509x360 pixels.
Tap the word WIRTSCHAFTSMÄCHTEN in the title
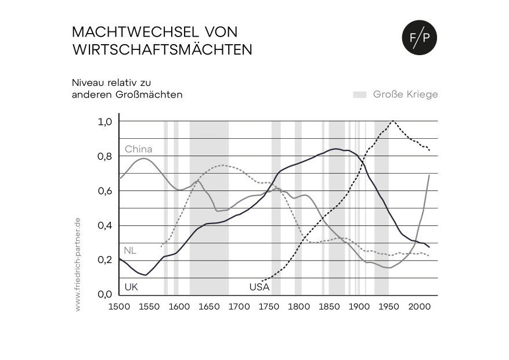[x=163, y=50]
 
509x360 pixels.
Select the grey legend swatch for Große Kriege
[x=359, y=94]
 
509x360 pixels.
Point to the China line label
[x=138, y=149]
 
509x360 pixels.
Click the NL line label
[x=130, y=251]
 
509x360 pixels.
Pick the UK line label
[x=131, y=287]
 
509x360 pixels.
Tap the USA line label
[x=259, y=287]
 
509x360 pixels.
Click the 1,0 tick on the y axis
[x=104, y=122]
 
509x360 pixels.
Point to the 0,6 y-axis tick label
[x=104, y=191]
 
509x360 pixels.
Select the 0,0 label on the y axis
[x=104, y=294]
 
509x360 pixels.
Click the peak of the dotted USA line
[x=393, y=121]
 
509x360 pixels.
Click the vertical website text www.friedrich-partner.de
[x=78, y=264]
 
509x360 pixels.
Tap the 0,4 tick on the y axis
[x=104, y=225]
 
